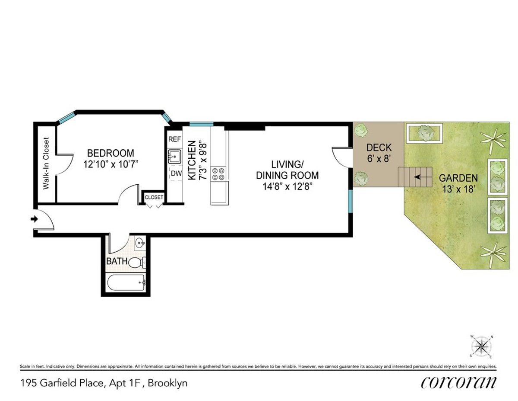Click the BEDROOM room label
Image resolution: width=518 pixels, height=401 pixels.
(x=111, y=153)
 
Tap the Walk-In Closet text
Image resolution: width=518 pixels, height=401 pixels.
(x=46, y=164)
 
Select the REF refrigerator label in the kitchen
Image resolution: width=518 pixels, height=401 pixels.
(x=175, y=139)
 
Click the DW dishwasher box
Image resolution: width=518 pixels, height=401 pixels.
(x=177, y=173)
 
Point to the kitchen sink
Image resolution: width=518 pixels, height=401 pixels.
(x=174, y=157)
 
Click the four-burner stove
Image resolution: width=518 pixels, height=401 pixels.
(x=218, y=174)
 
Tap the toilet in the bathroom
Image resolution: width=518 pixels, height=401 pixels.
(x=137, y=263)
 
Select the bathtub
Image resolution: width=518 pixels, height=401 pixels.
(x=126, y=282)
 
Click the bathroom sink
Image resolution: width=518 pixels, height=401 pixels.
(x=140, y=244)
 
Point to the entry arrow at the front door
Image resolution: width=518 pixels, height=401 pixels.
(x=35, y=219)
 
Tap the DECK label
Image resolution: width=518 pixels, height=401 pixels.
(x=379, y=148)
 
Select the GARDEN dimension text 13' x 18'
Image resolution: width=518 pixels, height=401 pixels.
(x=458, y=189)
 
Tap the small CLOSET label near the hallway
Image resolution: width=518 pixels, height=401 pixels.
(x=154, y=197)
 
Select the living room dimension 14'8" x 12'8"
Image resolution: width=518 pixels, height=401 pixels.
(x=287, y=186)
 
